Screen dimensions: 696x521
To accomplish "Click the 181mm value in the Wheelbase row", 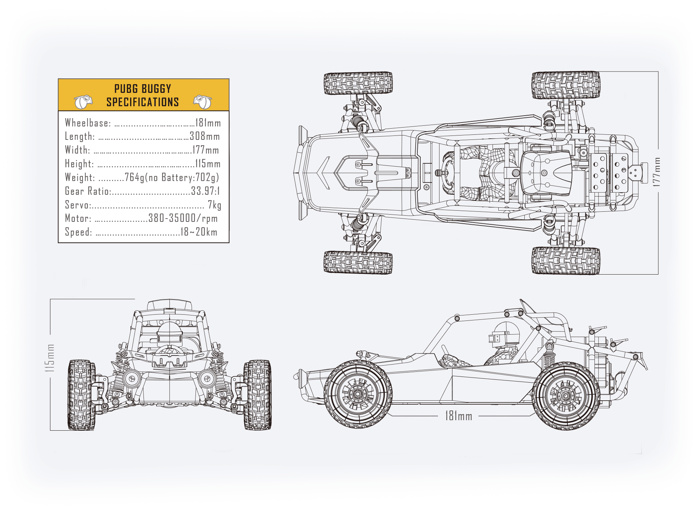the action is tap(208, 123).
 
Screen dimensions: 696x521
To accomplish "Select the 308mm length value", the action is tap(205, 136).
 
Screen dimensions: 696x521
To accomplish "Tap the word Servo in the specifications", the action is tap(77, 205).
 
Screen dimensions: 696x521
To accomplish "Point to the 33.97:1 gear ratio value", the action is tap(205, 191).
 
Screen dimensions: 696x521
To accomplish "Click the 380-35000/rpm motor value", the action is tap(183, 218).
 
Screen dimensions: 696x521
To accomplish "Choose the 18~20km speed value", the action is tap(199, 232).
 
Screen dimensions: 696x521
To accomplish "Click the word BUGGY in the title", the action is tap(156, 89).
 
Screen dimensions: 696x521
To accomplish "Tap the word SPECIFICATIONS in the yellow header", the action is tap(143, 102).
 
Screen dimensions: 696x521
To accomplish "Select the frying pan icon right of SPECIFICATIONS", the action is tap(202, 102).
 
